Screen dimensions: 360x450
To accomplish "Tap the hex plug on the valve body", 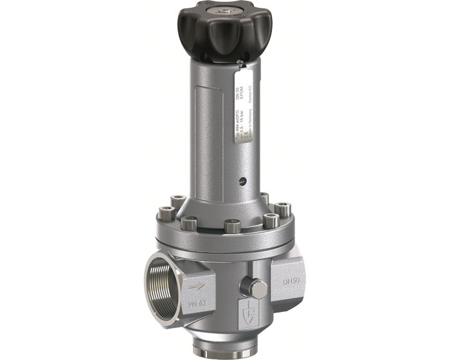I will (256, 289).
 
